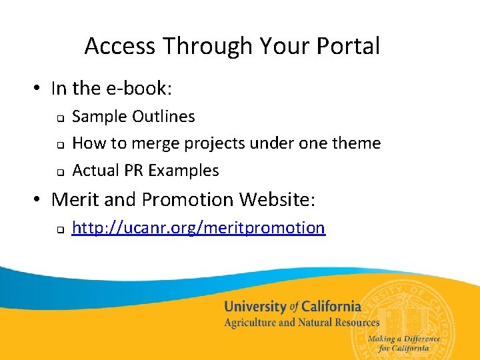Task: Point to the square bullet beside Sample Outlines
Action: tap(59, 118)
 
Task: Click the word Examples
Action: tap(183, 171)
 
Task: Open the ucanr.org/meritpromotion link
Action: tap(198, 228)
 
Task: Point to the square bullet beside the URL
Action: tap(59, 230)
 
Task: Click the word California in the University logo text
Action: tap(331, 307)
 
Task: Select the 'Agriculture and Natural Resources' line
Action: tap(301, 323)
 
